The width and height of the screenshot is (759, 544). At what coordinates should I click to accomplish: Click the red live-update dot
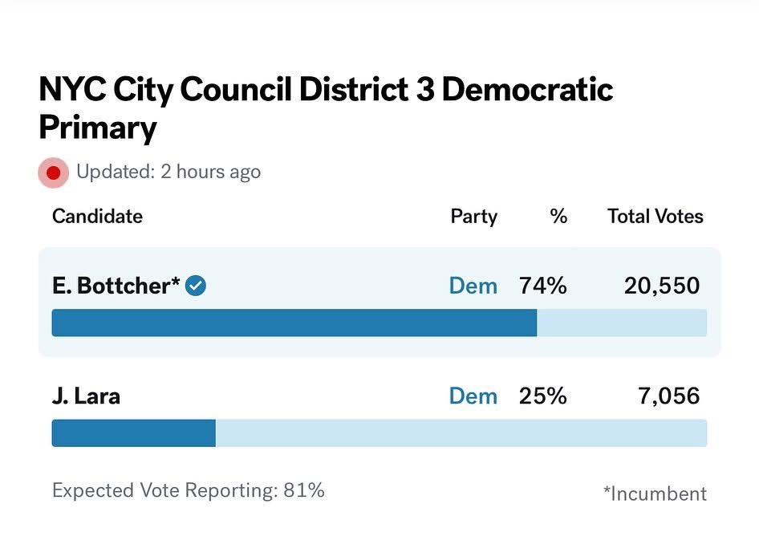click(x=54, y=172)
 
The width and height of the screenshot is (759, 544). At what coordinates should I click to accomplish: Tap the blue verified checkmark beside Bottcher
click(x=196, y=285)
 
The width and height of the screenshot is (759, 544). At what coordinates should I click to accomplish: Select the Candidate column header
click(x=97, y=216)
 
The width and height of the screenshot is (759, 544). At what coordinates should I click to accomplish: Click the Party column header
click(x=473, y=216)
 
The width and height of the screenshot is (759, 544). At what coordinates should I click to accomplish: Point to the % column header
click(x=558, y=216)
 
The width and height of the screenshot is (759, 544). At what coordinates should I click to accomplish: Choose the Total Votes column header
click(x=655, y=216)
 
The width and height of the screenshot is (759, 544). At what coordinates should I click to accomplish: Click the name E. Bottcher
click(x=116, y=285)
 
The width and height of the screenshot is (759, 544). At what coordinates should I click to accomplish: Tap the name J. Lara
click(x=86, y=396)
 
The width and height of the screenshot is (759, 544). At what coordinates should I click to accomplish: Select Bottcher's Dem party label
click(x=473, y=285)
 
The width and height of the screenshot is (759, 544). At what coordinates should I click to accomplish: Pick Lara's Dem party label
click(x=473, y=396)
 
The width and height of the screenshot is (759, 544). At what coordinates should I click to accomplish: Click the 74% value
click(x=542, y=285)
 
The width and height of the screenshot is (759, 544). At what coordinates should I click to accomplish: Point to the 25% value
click(x=542, y=396)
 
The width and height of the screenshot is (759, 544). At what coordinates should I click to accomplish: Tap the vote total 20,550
click(x=662, y=285)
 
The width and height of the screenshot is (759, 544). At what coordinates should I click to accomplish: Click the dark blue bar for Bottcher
click(x=294, y=323)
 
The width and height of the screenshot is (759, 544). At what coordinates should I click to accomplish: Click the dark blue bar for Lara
click(x=133, y=433)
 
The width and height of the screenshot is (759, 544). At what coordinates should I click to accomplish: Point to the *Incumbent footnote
click(x=655, y=493)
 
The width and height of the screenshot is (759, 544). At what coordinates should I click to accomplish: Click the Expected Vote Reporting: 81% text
click(x=189, y=490)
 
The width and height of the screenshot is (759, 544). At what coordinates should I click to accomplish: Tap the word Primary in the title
click(x=98, y=128)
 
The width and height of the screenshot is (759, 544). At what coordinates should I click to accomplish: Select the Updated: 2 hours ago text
click(x=168, y=172)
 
